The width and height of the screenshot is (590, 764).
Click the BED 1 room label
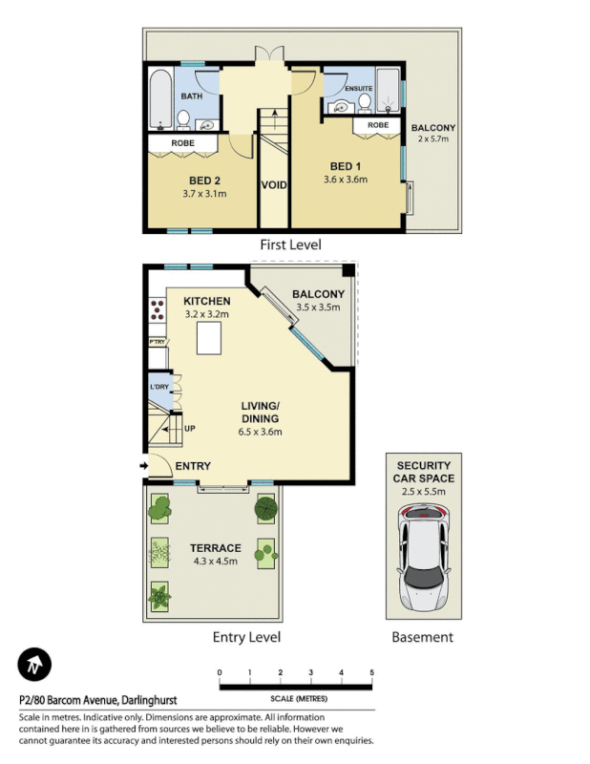[346, 164]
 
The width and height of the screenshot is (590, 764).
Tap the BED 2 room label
[204, 180]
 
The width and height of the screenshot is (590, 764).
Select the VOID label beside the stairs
[273, 184]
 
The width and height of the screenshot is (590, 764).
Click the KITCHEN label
[207, 301]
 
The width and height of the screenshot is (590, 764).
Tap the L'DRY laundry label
[158, 387]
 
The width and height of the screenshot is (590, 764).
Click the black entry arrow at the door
[143, 466]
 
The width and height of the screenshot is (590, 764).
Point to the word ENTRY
[192, 466]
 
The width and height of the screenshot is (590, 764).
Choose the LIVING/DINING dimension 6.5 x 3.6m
[259, 431]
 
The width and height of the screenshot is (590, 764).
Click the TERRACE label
[215, 548]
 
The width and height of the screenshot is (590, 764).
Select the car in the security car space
[424, 557]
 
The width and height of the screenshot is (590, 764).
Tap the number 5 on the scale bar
[371, 672]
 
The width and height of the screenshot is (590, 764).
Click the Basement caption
[422, 637]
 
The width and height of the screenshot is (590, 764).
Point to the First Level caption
[290, 244]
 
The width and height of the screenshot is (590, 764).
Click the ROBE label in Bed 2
[183, 143]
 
